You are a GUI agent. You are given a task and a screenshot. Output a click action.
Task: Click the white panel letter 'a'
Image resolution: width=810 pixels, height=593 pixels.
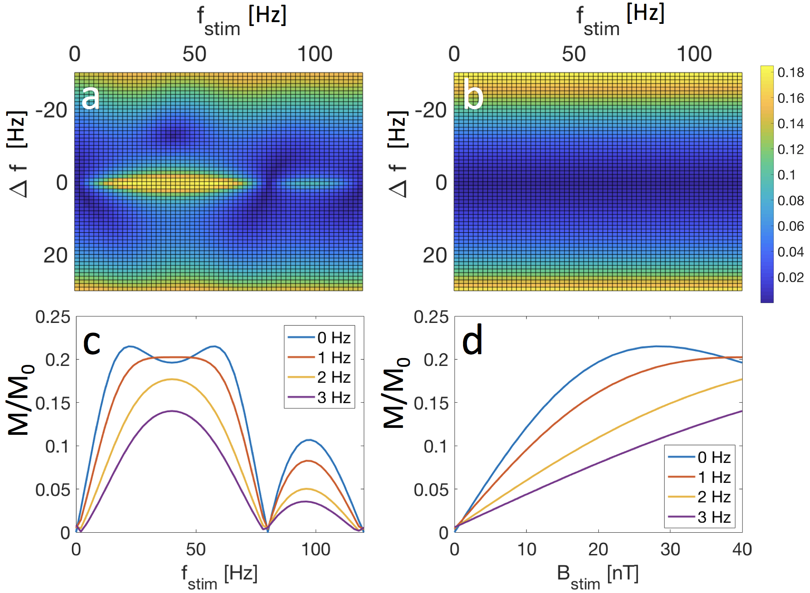91,98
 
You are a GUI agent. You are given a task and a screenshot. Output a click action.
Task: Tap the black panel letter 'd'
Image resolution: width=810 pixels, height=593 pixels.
472,342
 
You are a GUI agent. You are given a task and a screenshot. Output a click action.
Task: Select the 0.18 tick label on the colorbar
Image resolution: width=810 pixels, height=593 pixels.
790,72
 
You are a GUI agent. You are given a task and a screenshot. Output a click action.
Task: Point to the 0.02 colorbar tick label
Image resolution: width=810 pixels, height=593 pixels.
790,277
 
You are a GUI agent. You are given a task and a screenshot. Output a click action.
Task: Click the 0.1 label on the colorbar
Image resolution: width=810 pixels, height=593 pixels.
786,175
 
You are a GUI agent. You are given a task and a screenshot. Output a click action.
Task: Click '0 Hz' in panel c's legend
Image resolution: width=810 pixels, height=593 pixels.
333,338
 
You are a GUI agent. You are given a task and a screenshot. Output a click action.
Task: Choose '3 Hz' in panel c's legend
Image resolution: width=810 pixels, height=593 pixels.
333,398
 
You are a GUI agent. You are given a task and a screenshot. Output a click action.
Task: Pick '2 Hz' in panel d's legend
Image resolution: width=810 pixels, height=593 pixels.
714,497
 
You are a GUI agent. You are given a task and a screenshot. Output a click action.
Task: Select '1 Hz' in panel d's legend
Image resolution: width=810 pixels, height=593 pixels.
714,477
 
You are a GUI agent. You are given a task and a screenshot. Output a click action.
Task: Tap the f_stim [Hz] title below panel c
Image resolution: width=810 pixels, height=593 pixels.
219,576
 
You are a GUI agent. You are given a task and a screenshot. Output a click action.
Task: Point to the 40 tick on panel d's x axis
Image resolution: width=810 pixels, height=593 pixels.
741,550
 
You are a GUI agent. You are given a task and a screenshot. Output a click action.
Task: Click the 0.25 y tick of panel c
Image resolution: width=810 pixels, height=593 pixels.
52,317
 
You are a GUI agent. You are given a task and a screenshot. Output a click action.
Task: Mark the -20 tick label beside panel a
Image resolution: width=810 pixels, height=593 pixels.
51,111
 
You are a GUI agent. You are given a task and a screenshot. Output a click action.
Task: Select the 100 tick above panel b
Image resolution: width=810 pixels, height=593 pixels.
694,54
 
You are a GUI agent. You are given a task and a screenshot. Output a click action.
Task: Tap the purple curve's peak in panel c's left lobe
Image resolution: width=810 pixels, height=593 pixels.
172,411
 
